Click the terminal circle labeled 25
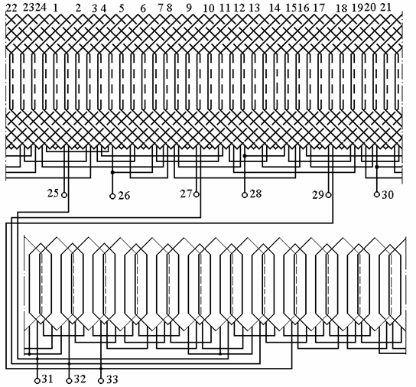pos(64,195)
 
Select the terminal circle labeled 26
pos(112,196)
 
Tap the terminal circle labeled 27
pos(197,194)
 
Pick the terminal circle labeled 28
pos(245,195)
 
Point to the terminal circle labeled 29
pos(329,195)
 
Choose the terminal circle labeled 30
pos(377,194)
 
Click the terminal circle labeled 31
pos(37,381)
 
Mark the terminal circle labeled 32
pos(69,381)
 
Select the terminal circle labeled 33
pos(101,381)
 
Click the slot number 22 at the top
pos(11,8)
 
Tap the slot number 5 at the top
pos(122,8)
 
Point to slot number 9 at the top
pos(188,8)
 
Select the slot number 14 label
pos(275,8)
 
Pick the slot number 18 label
pos(342,8)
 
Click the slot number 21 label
pos(385,8)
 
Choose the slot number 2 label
pos(78,8)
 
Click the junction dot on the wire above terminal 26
pos(112,173)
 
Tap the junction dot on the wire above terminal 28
pos(245,156)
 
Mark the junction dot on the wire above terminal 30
pos(377,167)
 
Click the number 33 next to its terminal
pos(112,379)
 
